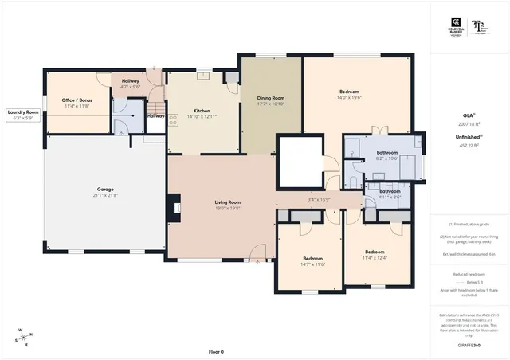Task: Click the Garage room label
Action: [x=100, y=190]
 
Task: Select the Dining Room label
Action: [x=271, y=98]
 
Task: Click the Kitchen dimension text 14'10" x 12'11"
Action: [x=201, y=116]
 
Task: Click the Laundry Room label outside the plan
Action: [x=22, y=113]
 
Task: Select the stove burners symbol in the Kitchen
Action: [x=173, y=119]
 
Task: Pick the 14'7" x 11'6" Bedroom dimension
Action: [x=313, y=264]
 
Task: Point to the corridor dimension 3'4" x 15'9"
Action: [x=319, y=199]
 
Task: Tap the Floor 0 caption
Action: [x=216, y=351]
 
